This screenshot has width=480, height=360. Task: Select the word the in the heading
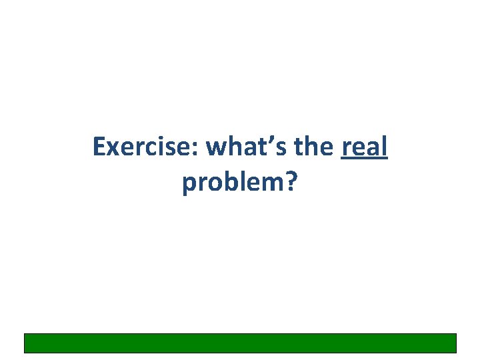tap(315, 147)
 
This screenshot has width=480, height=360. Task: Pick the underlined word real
tap(364, 147)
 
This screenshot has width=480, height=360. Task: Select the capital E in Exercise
tap(99, 147)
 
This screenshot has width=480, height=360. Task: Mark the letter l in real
tap(384, 146)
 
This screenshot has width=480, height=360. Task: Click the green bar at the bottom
tap(240, 343)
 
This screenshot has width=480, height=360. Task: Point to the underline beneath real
tap(364, 160)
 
